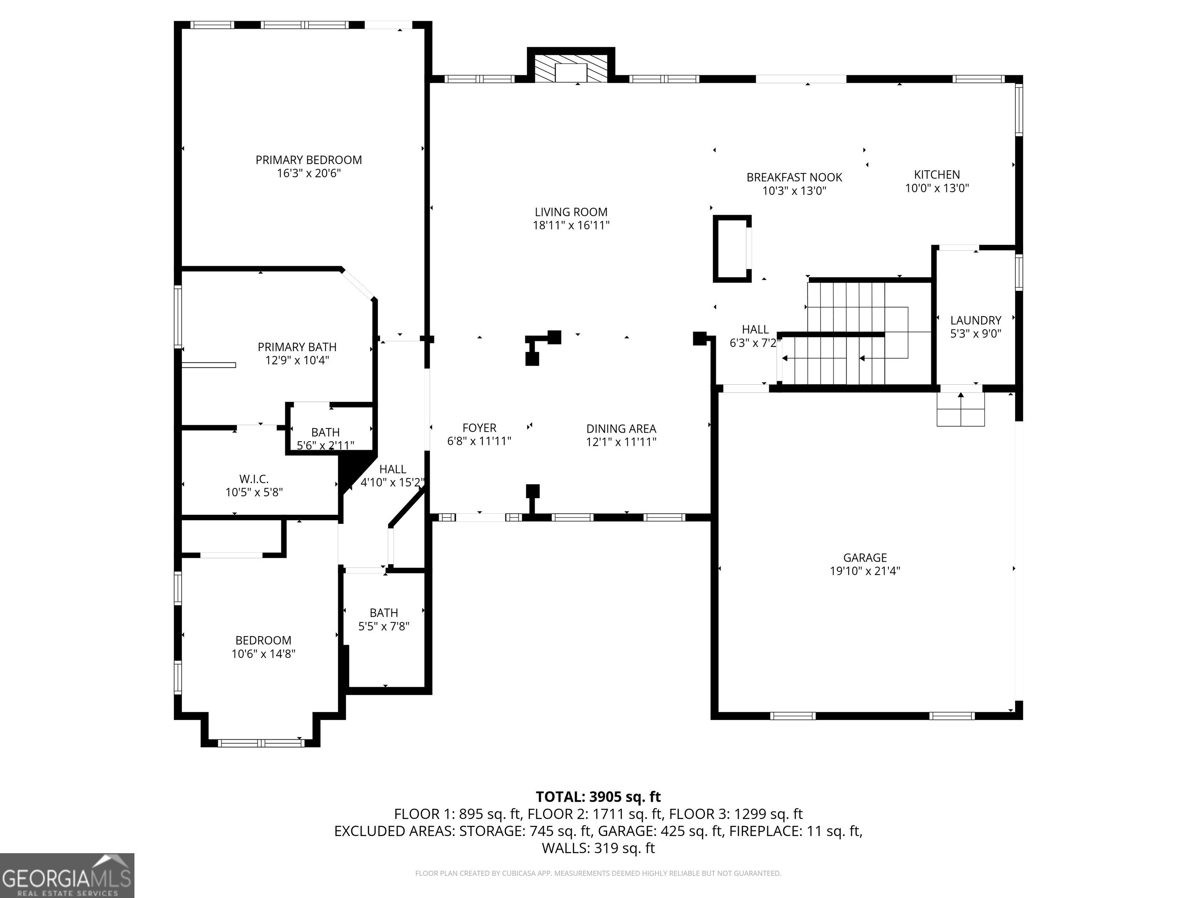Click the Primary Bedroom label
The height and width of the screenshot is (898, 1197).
[309, 160]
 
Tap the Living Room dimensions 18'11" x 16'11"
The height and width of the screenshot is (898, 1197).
[571, 226]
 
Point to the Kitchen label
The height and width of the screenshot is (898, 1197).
[937, 175]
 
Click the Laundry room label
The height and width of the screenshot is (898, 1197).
[976, 320]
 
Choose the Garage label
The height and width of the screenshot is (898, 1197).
[865, 557]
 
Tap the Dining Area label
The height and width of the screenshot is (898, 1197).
[621, 429]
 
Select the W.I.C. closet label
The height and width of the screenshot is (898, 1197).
[254, 479]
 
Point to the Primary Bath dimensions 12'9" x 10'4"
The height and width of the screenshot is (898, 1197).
[297, 361]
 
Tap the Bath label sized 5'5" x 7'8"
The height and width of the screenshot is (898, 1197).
[384, 613]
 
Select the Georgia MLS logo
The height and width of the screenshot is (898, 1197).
[67, 875]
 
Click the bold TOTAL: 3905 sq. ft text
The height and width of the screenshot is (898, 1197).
[598, 797]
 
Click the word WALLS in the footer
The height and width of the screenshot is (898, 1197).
[565, 848]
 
